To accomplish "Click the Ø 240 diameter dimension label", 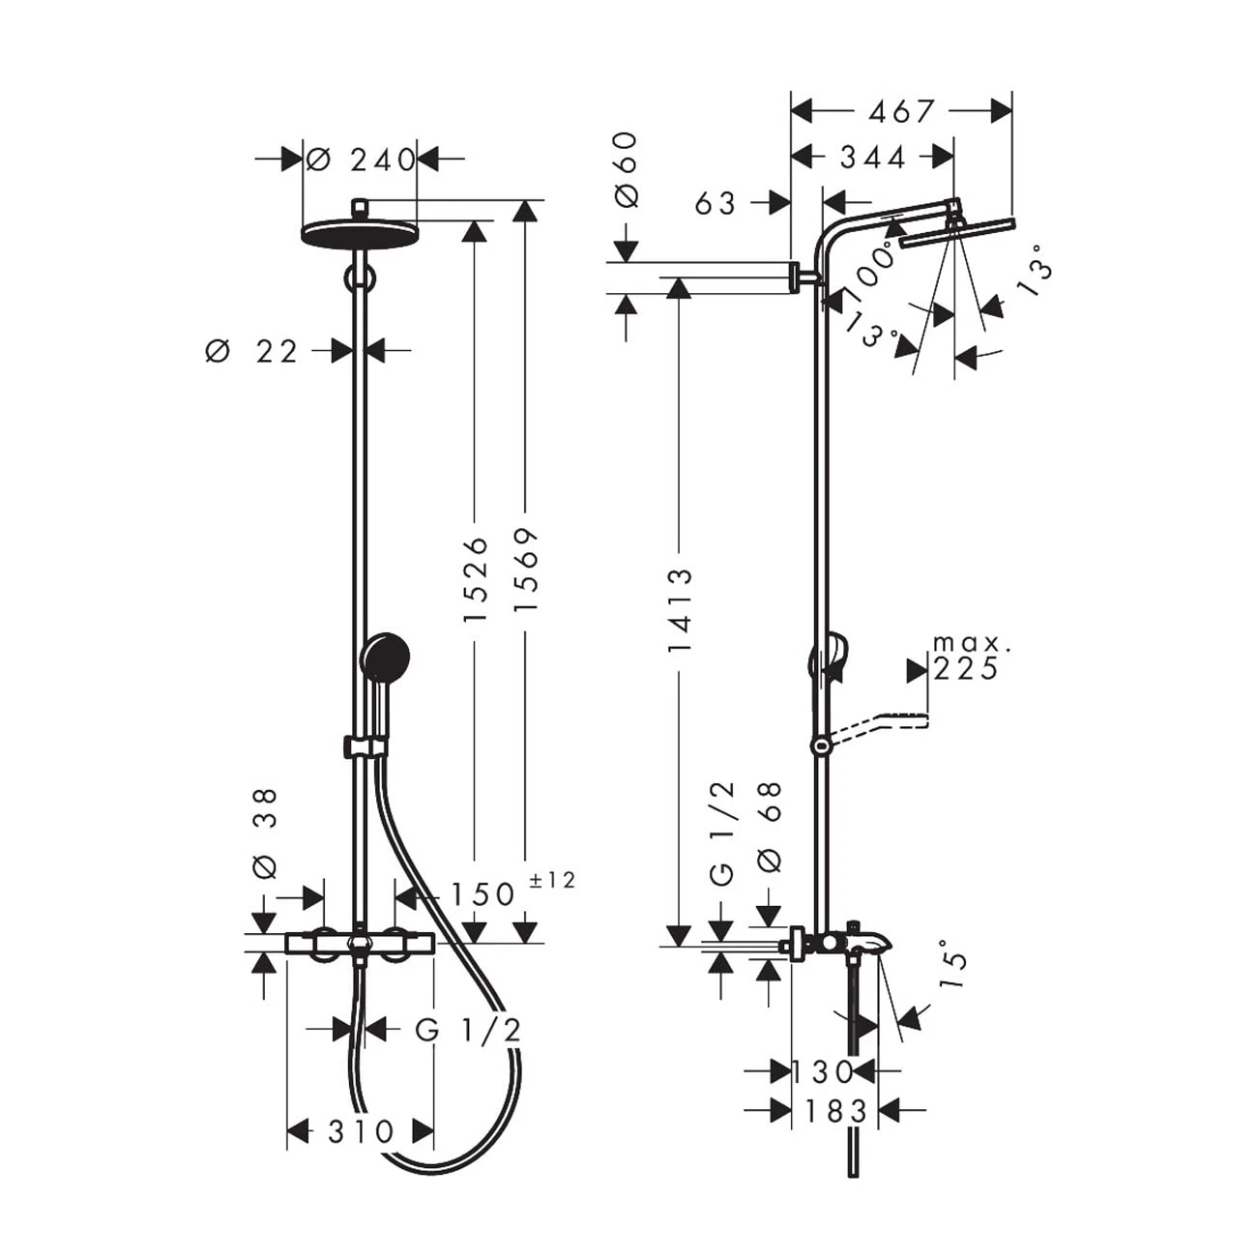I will [362, 160].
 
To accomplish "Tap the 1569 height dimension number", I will [525, 570].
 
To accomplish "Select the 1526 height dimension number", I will [475, 577].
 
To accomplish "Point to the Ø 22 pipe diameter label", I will [253, 352].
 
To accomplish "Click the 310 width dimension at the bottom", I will [361, 1131].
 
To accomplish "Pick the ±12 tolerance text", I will [552, 881].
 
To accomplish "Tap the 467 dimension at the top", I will [901, 112].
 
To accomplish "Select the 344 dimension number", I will [873, 157].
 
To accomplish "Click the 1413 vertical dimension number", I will [681, 609].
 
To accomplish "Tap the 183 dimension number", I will [836, 1111].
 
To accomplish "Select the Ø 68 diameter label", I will [771, 828].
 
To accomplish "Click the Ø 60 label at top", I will [627, 168].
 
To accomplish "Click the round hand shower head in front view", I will [386, 657].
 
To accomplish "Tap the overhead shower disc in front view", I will [359, 233].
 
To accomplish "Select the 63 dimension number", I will [716, 203].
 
